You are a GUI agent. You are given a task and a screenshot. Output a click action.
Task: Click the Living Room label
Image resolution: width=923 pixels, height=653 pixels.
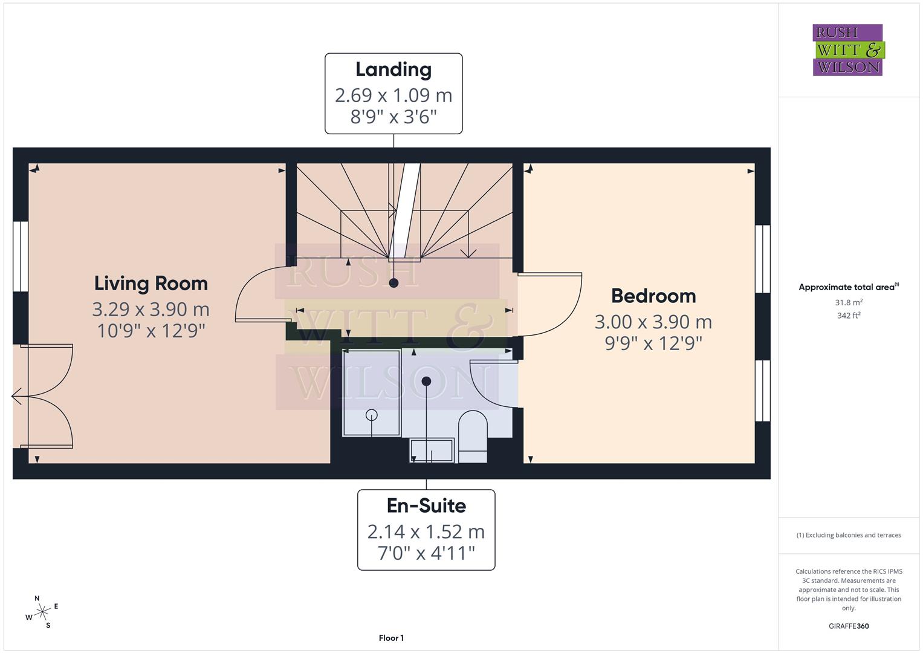[151, 283]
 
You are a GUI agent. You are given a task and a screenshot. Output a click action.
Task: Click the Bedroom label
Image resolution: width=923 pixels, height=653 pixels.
[653, 296]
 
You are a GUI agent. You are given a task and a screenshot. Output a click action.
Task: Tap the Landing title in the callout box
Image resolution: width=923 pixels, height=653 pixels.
[393, 70]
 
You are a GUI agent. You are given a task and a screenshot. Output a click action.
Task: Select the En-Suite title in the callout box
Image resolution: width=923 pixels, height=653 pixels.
[426, 505]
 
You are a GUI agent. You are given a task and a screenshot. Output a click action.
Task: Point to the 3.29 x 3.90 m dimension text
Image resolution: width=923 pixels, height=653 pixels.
[151, 309]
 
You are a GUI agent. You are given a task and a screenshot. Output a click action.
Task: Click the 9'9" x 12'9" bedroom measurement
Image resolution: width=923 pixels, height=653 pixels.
[653, 343]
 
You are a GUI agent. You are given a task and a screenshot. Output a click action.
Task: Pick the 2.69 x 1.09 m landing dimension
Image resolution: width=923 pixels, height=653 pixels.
[393, 95]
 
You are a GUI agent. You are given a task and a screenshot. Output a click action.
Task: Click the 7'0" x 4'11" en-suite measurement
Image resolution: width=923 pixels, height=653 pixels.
[426, 553]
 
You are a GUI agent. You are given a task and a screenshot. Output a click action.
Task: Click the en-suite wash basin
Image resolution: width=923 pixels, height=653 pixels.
[432, 450]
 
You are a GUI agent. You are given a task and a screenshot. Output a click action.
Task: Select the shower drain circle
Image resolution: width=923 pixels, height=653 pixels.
[372, 415]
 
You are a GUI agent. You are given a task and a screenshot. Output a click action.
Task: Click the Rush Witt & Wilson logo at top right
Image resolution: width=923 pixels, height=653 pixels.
[847, 50]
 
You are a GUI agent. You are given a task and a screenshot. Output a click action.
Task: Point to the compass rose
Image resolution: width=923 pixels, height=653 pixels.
[42, 612]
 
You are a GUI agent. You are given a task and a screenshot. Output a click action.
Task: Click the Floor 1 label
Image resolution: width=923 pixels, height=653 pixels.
[391, 638]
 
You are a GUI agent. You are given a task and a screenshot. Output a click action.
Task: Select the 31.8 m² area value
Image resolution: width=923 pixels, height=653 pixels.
[848, 302]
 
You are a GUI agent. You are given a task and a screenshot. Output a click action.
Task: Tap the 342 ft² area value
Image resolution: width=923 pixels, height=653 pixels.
[848, 316]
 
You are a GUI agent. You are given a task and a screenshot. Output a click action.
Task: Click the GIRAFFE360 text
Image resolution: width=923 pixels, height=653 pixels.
[848, 626]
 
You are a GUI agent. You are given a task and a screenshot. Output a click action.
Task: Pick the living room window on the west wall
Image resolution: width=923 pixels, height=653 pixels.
[21, 256]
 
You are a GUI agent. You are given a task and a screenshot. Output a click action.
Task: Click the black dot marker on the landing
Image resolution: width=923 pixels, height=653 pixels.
[394, 283]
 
